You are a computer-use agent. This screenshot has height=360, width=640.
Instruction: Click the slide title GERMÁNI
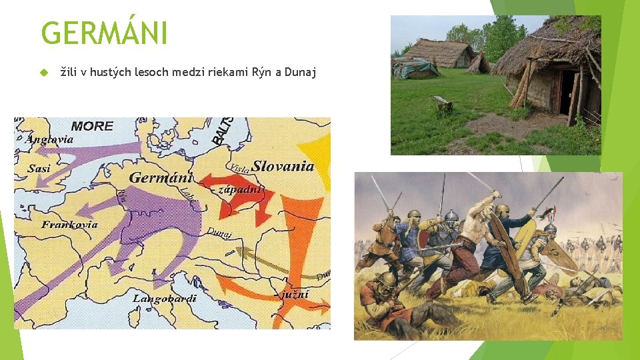point(104,33)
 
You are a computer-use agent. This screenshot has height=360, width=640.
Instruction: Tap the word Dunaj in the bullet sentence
point(300,72)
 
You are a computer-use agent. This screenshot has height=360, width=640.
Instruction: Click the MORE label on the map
point(92,125)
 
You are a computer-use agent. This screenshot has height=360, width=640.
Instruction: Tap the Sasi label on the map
point(39,168)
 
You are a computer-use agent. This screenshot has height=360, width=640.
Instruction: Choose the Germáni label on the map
point(161,177)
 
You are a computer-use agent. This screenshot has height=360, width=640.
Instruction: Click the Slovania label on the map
point(283,166)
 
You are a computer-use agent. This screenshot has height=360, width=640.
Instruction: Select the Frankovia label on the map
point(69,225)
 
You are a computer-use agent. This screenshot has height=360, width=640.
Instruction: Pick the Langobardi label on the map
point(164,298)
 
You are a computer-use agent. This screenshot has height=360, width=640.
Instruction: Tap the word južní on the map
point(295,294)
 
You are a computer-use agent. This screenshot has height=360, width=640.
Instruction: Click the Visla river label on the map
point(239,167)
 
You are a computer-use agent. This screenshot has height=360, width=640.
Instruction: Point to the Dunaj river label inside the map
point(219,233)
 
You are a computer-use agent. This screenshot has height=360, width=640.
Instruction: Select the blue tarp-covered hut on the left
point(415,67)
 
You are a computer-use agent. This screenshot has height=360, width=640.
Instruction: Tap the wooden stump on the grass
point(443,104)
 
